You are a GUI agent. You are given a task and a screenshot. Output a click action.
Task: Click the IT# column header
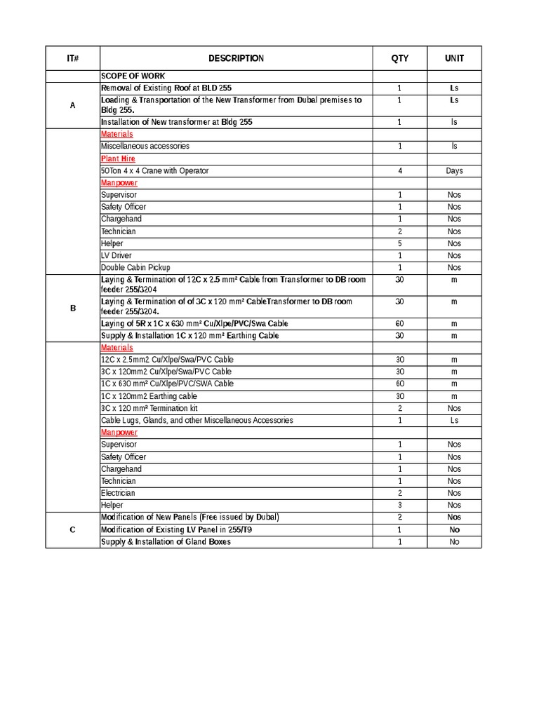pos(72,59)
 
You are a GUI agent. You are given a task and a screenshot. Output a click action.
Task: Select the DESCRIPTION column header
pos(236,59)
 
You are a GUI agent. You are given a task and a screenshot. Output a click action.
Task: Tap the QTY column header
pos(399,59)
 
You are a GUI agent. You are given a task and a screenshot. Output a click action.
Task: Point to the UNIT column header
pos(454,59)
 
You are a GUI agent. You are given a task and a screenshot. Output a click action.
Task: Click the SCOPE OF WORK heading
pos(133,76)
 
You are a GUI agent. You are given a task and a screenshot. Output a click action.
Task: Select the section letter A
pos(72,105)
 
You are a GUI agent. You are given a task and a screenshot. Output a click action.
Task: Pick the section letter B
pos(72,307)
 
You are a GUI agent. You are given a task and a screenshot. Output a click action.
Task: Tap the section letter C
pos(72,529)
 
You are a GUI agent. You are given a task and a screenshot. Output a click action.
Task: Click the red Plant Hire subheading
pos(118,158)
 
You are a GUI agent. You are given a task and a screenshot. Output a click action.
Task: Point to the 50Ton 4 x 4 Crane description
pos(154,171)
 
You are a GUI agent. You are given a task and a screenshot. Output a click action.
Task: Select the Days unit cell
pos(454,171)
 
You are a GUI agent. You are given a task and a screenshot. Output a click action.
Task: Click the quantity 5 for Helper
pos(399,243)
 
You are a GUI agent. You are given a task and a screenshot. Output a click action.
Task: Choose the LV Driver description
pos(116,255)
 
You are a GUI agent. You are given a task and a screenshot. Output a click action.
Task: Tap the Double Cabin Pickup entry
pos(135,268)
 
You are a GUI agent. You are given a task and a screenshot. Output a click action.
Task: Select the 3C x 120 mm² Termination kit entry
pos(149,408)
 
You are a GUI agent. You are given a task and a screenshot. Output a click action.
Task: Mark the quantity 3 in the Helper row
pos(399,505)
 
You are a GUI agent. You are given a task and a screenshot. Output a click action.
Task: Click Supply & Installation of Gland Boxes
pos(166,541)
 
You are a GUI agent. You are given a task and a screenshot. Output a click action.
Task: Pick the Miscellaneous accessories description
pos(145,147)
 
